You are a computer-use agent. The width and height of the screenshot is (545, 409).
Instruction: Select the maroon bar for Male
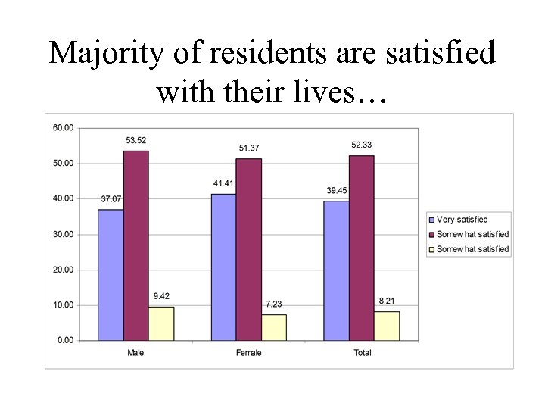coord(135,245)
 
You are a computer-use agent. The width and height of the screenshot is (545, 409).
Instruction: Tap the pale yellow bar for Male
coord(160,323)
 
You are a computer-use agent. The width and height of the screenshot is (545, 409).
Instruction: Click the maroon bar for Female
coord(248,249)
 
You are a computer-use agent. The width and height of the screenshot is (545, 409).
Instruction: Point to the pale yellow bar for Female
coord(273,327)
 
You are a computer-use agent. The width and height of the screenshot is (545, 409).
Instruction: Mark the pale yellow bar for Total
coord(386,326)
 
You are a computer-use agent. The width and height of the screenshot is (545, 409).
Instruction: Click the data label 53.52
coord(136,140)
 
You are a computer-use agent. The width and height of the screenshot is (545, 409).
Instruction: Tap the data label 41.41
coord(223,183)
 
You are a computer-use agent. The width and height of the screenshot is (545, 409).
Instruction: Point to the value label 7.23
coord(272,304)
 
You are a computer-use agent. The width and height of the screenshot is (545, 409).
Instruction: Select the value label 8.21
coord(386,301)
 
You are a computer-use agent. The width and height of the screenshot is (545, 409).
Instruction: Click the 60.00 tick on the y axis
coord(64,128)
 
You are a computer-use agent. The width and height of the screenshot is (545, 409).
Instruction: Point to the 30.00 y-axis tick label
coord(64,234)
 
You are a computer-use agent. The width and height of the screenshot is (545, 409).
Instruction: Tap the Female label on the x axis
coord(248,353)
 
